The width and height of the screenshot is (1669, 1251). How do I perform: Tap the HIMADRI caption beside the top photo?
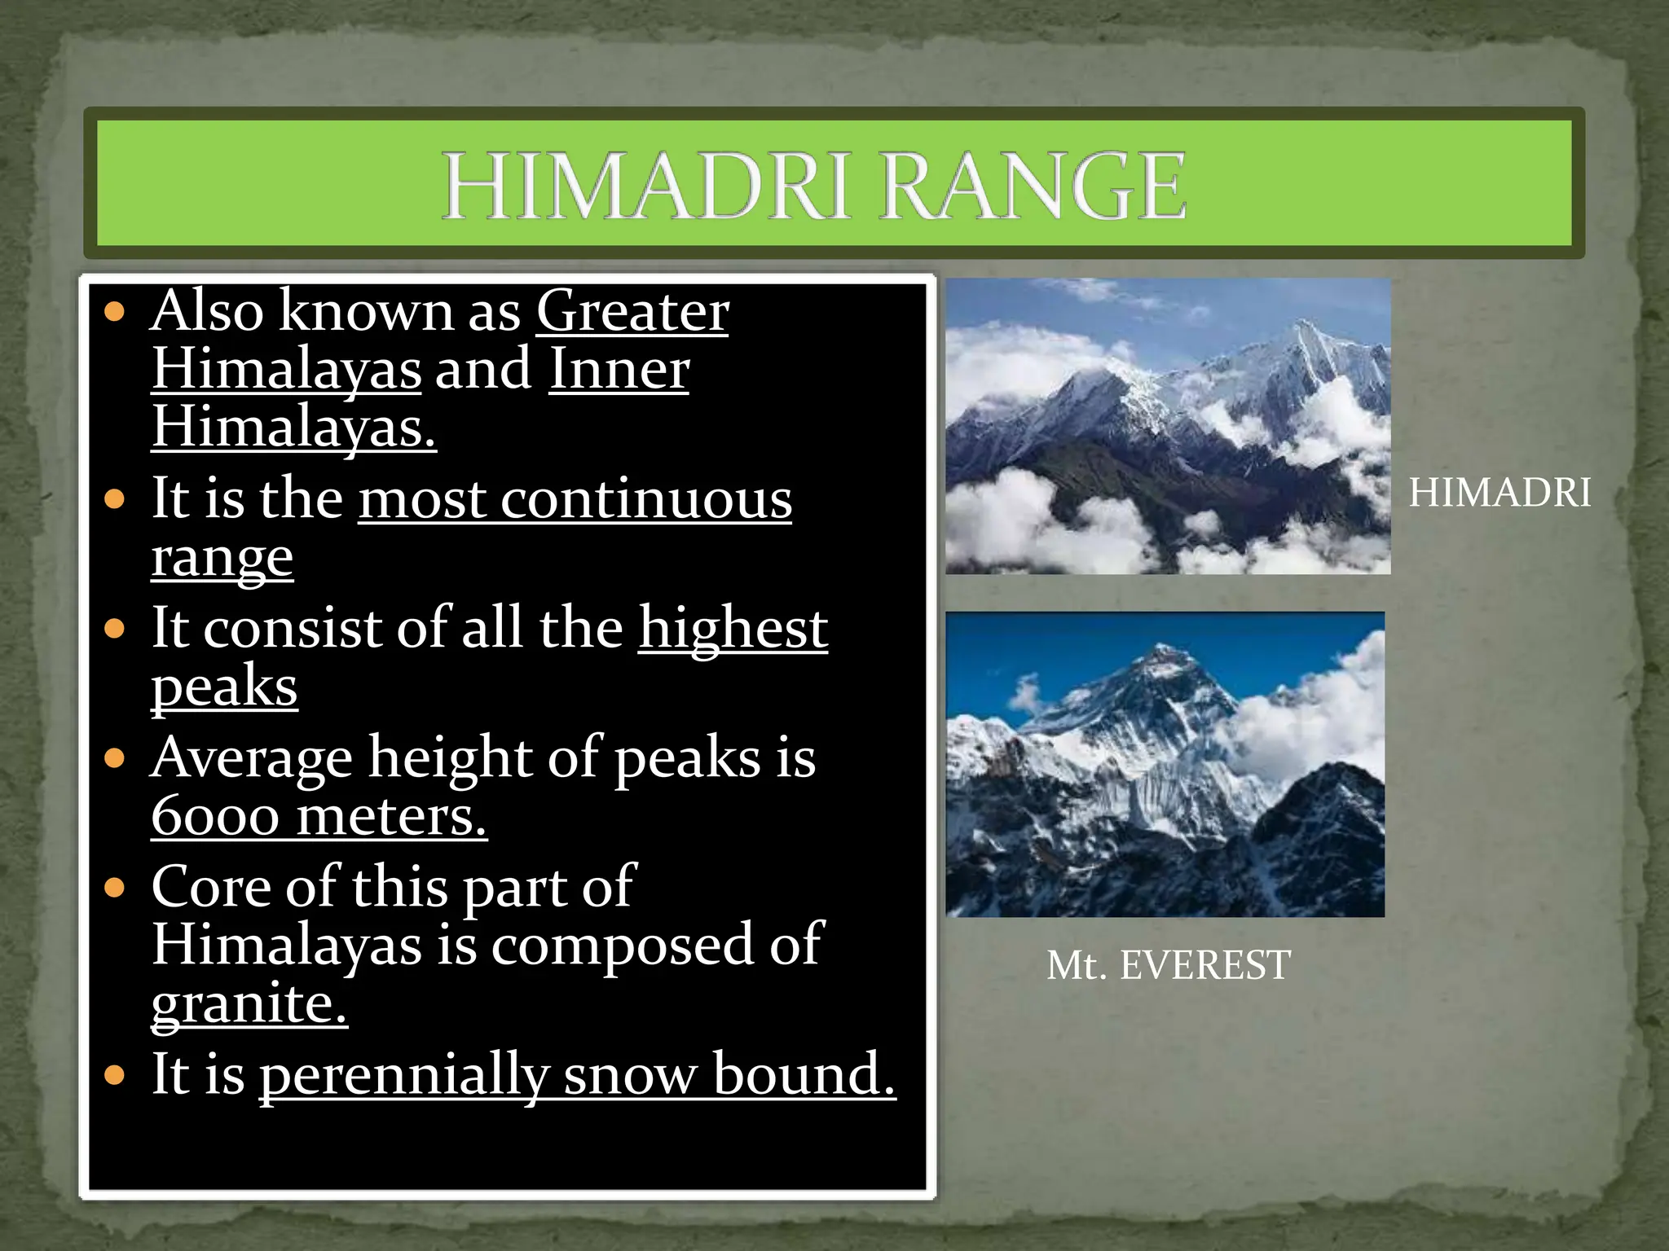[x=1499, y=493]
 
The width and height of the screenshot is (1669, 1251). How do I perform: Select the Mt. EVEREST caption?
[x=1168, y=965]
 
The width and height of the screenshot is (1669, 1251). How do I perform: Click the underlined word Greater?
[x=632, y=311]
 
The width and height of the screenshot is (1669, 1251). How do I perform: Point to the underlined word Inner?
[x=619, y=370]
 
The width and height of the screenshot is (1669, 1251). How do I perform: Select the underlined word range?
[x=222, y=559]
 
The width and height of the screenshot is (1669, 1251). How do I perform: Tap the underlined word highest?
[x=733, y=628]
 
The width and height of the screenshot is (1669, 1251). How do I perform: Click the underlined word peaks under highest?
[x=224, y=687]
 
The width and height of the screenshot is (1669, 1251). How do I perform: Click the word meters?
[x=391, y=817]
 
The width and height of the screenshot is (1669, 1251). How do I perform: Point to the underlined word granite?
[x=249, y=1003]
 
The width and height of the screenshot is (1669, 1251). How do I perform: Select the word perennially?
[x=403, y=1075]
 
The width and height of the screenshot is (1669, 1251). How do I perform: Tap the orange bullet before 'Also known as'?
[x=116, y=312]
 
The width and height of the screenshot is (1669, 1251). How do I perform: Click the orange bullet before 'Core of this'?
[x=116, y=887]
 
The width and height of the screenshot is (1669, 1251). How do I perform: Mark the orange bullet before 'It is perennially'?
[x=116, y=1075]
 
